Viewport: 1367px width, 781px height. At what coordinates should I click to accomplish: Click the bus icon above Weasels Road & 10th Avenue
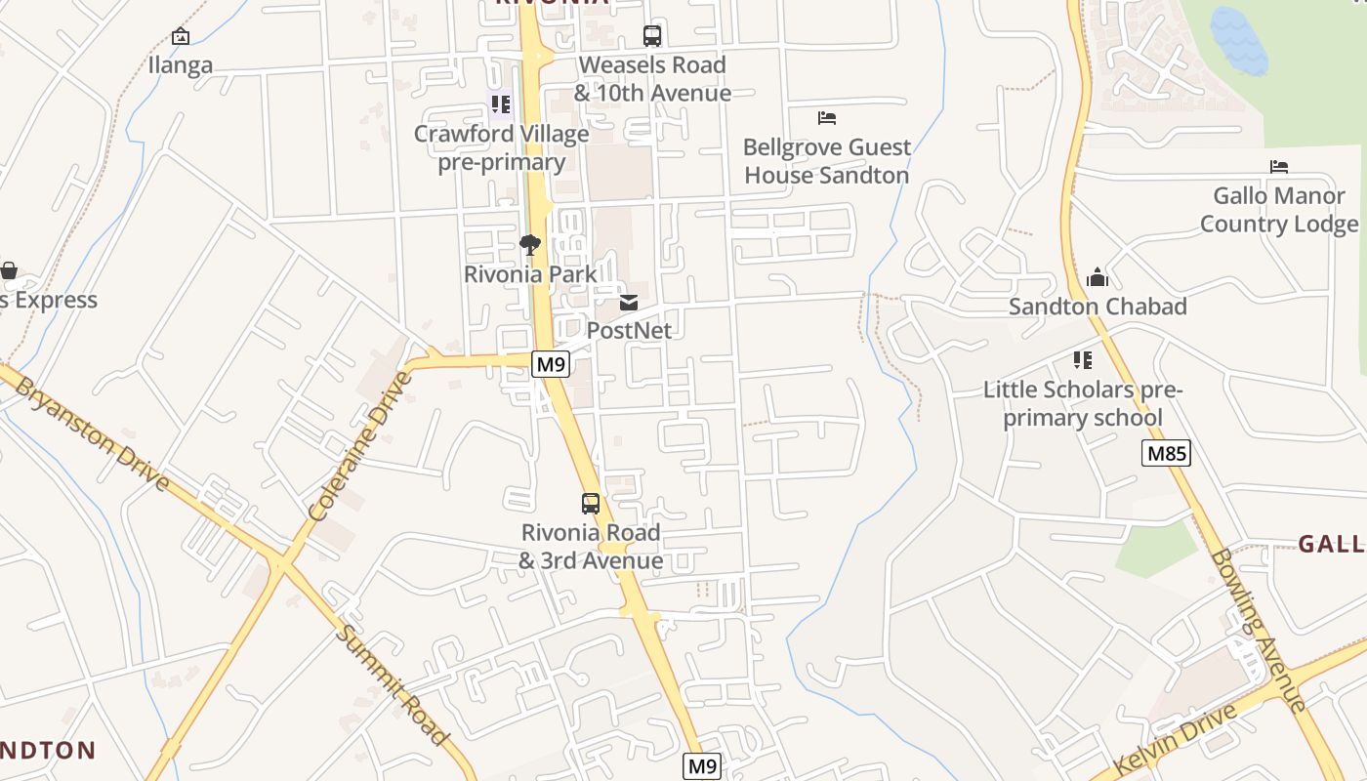click(x=652, y=36)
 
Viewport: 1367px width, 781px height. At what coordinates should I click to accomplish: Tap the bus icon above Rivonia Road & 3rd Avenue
click(x=591, y=504)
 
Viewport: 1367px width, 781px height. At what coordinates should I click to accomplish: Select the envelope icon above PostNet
click(x=629, y=303)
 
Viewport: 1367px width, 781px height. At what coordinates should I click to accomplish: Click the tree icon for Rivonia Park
click(x=530, y=245)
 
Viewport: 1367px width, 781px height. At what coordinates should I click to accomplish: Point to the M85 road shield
click(x=1166, y=453)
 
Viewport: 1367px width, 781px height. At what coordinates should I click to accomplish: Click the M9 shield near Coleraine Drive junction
click(x=551, y=365)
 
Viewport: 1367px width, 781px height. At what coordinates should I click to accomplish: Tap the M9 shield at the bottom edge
click(x=701, y=766)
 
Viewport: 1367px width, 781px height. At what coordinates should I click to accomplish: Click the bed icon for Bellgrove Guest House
click(x=827, y=118)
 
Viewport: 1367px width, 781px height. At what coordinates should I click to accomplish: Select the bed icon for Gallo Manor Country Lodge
click(x=1279, y=167)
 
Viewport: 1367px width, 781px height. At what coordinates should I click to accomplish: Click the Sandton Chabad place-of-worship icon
click(x=1098, y=277)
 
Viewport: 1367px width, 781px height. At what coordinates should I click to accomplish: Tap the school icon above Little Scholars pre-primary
click(x=1082, y=360)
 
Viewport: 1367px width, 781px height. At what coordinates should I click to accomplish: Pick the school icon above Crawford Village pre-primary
click(x=501, y=103)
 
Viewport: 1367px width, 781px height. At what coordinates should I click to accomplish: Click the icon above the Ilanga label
click(x=181, y=36)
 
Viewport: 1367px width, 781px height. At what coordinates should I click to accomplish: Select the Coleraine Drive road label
click(x=359, y=446)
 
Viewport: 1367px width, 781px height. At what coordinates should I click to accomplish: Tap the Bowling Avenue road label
click(x=1257, y=630)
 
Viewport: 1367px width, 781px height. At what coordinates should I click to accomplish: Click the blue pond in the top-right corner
click(x=1238, y=41)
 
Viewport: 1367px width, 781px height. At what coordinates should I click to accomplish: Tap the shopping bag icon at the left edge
click(x=9, y=269)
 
